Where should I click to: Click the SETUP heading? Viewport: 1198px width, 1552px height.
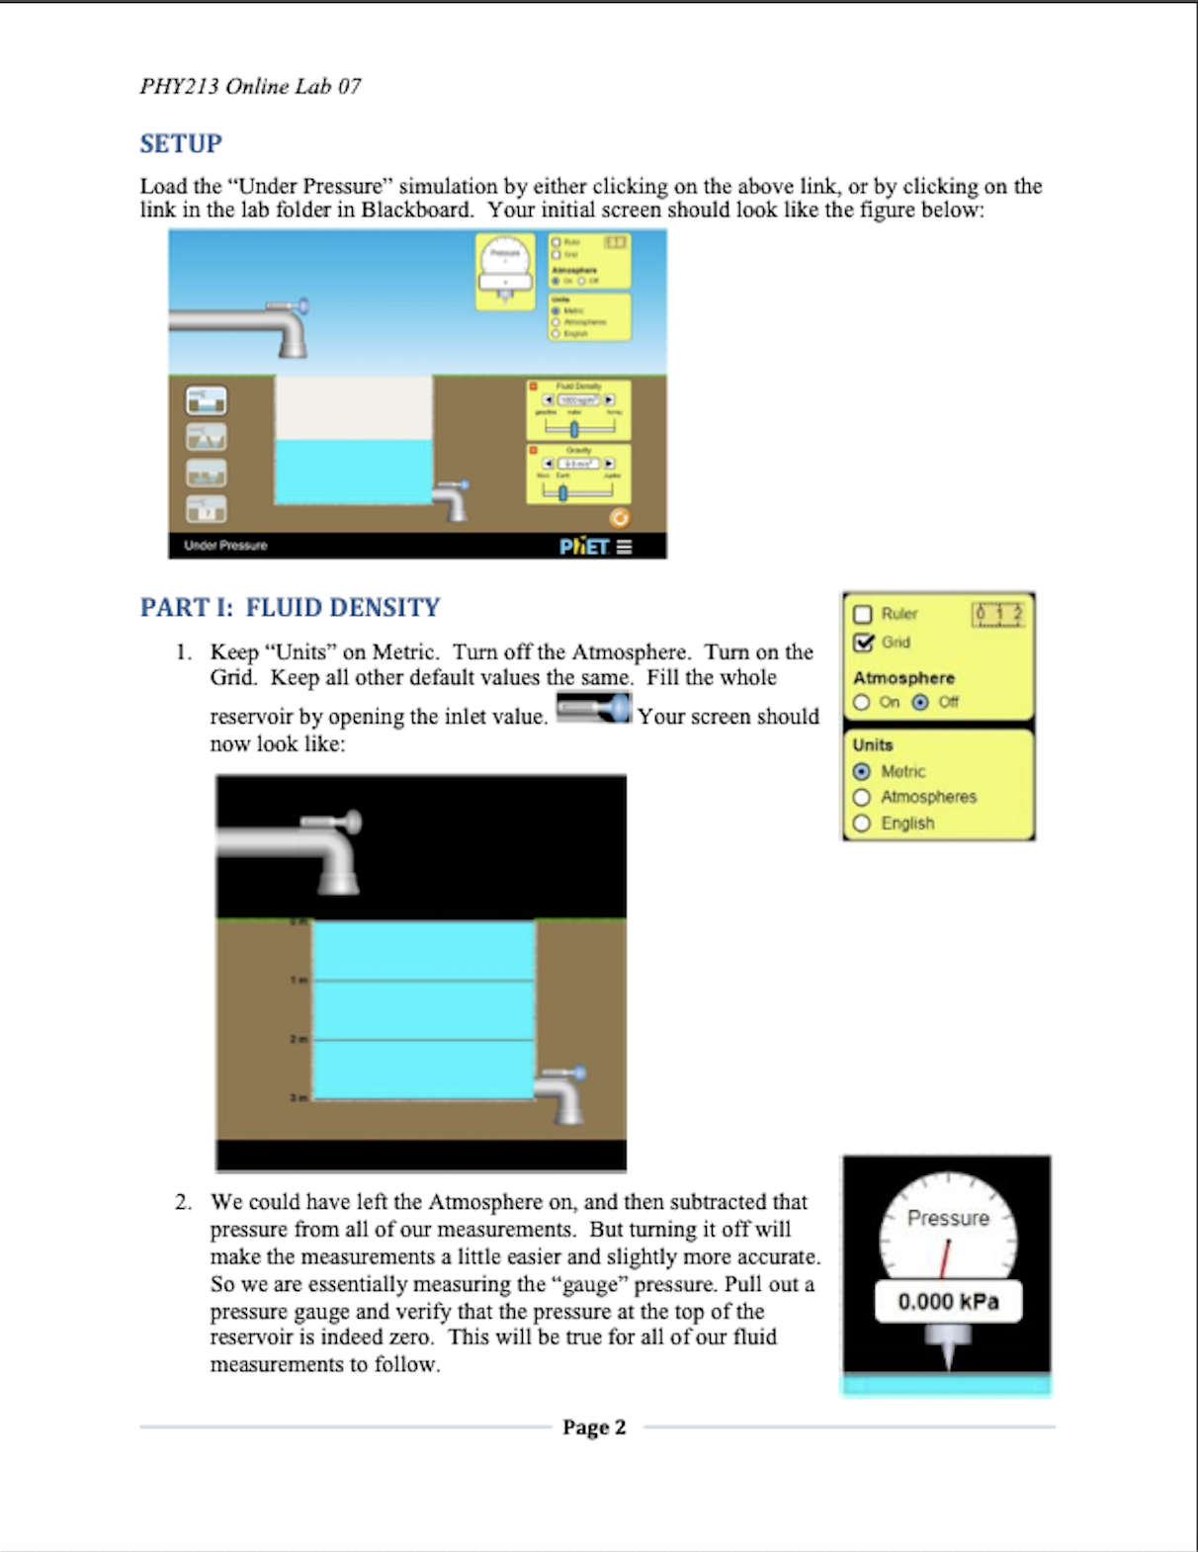181,144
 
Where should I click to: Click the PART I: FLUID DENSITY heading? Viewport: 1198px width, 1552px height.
290,607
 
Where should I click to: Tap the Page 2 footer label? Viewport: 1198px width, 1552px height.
594,1426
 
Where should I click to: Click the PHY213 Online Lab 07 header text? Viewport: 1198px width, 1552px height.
250,87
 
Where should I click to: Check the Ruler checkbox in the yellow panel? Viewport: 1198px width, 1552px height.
862,614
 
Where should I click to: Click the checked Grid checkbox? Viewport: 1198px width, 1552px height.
863,643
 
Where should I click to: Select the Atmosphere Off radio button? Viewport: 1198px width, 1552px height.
920,702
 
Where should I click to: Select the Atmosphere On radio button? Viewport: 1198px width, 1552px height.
862,702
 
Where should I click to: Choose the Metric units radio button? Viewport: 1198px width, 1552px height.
862,771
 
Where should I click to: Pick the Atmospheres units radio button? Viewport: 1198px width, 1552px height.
862,797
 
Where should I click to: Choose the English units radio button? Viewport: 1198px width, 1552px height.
862,823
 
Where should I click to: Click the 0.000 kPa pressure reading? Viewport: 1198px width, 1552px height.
948,1302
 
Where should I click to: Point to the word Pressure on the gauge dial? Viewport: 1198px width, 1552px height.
948,1219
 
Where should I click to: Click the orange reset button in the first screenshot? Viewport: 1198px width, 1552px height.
620,518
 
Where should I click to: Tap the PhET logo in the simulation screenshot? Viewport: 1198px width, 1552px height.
584,546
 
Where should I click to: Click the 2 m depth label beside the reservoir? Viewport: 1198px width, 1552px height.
298,1039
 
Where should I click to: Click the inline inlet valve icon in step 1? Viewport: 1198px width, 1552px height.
593,708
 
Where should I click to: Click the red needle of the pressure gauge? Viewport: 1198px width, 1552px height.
944,1256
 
